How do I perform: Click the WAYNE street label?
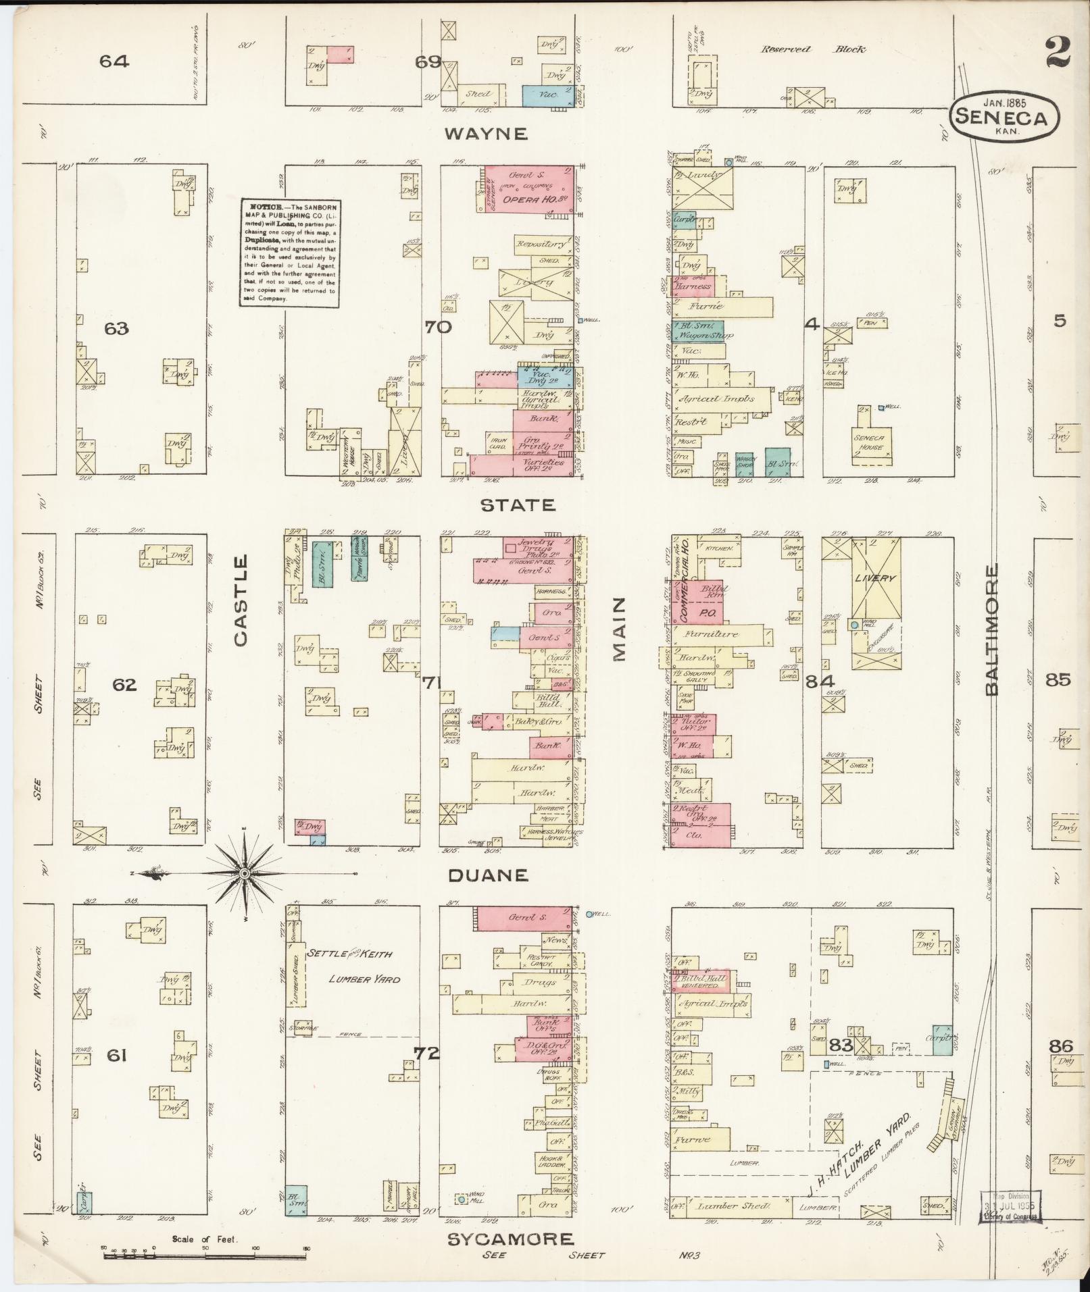(x=485, y=134)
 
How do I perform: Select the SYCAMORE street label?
(x=511, y=1239)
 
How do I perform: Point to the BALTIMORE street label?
(x=991, y=629)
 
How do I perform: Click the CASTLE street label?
(x=242, y=601)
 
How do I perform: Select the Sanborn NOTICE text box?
(x=289, y=253)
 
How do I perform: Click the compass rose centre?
(x=245, y=875)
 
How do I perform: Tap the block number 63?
(x=116, y=329)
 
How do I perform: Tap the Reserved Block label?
(x=813, y=49)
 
